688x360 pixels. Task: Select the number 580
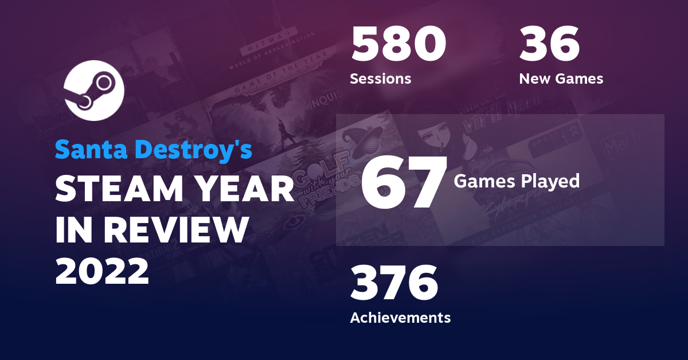pyautogui.click(x=398, y=45)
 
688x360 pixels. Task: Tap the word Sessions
pyautogui.click(x=380, y=79)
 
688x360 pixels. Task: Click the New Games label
pyautogui.click(x=561, y=79)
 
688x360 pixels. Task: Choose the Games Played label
pyautogui.click(x=517, y=181)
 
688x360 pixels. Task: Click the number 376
pyautogui.click(x=394, y=283)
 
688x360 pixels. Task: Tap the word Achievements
pyautogui.click(x=400, y=317)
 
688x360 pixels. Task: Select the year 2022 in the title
pyautogui.click(x=102, y=270)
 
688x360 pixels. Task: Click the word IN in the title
pyautogui.click(x=72, y=230)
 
